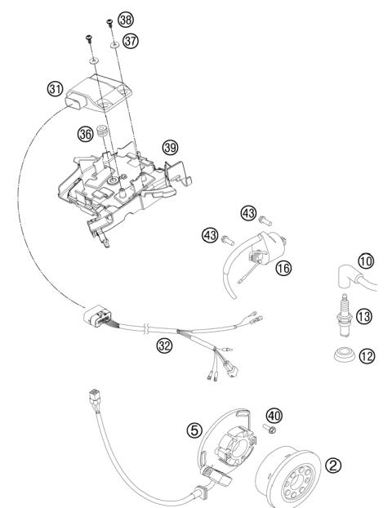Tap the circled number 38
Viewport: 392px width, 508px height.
point(125,18)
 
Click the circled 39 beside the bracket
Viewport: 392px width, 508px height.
point(169,148)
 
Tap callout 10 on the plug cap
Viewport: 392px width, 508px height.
point(365,261)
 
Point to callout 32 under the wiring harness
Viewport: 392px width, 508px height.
point(166,345)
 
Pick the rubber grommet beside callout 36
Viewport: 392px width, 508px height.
point(104,131)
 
